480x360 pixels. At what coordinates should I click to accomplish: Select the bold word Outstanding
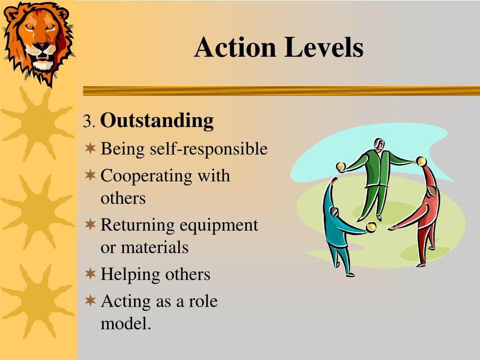(157, 121)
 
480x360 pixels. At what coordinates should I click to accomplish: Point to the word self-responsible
(209, 149)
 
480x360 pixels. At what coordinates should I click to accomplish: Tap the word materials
(155, 247)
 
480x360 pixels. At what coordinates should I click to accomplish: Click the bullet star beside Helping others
(90, 273)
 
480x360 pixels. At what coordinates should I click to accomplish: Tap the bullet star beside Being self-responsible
(90, 149)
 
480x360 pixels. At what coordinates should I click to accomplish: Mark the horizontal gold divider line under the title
(281, 90)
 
